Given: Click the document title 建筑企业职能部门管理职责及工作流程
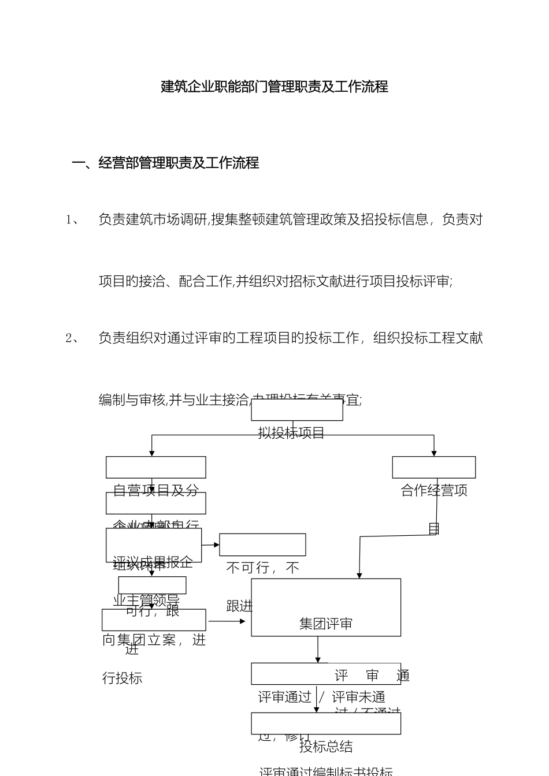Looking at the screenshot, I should (x=274, y=87).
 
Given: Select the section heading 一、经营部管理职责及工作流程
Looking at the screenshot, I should (x=165, y=163).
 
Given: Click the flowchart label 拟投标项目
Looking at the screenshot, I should (x=291, y=433).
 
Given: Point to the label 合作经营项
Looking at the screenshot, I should (x=434, y=491).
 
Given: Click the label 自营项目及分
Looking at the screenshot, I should (x=155, y=491).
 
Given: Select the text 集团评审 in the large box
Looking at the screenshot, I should (x=325, y=624).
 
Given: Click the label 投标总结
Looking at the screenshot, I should (x=325, y=747).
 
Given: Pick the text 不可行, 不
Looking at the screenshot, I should (x=262, y=568).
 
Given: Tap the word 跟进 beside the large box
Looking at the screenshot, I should (x=239, y=606).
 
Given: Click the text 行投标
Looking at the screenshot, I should (x=122, y=678).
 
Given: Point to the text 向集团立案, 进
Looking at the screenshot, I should (x=154, y=640).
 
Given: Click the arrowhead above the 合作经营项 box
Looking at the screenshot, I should (x=434, y=453).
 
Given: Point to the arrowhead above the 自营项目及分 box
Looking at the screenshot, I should (x=152, y=453).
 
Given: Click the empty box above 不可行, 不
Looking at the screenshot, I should (x=262, y=544).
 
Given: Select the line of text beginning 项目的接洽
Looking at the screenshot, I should (x=276, y=282).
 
